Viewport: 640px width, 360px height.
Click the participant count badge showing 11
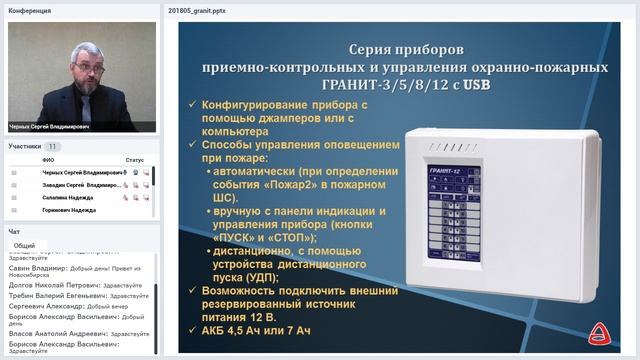(x=52, y=146)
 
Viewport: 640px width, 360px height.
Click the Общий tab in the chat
(x=24, y=245)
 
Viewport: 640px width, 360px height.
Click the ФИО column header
(x=48, y=159)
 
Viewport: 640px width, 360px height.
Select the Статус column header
(x=134, y=159)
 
